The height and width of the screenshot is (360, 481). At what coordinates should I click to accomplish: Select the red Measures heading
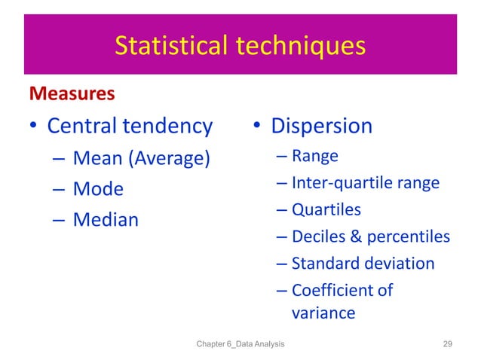pos(72,94)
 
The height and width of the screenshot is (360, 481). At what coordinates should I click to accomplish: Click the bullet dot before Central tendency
pos(33,127)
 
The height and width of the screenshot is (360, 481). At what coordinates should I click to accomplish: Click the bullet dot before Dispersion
pos(256,127)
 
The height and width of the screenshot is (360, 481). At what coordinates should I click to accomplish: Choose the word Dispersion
pos(322,126)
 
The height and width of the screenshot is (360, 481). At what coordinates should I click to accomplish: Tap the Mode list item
pos(98,188)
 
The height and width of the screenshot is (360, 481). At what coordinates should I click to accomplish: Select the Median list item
pos(106,219)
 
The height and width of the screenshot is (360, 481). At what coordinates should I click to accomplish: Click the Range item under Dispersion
pos(314,156)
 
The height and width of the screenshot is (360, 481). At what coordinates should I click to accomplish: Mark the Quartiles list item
pos(326,209)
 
